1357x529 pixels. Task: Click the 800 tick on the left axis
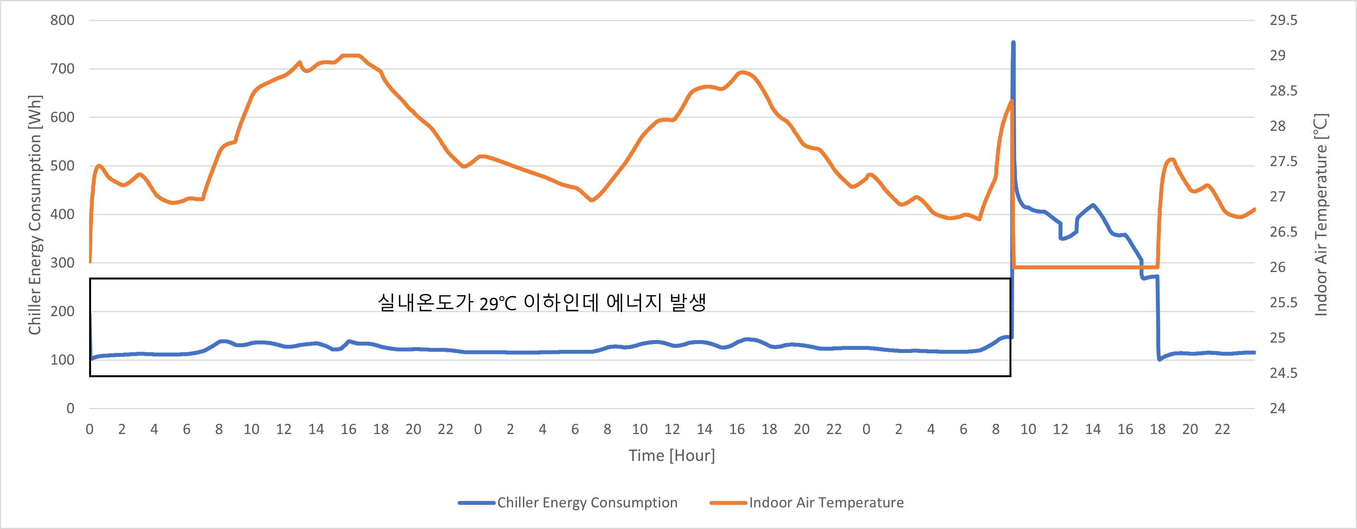click(62, 21)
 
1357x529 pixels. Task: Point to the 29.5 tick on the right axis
click(1283, 21)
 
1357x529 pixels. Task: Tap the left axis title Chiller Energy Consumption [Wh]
click(35, 214)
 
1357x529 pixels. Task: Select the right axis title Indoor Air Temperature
click(1321, 214)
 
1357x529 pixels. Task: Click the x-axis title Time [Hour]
click(672, 455)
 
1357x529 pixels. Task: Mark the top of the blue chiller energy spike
click(1013, 43)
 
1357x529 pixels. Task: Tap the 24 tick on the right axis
click(1278, 408)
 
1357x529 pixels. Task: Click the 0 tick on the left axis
click(70, 408)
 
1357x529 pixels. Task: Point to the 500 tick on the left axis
click(62, 166)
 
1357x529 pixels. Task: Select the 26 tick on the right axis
click(1278, 267)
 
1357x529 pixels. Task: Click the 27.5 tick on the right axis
click(1283, 161)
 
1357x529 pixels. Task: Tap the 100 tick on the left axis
click(62, 360)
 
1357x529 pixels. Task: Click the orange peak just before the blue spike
click(1011, 101)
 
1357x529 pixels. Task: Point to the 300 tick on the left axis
click(62, 263)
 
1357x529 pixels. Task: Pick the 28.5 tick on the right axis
click(1283, 91)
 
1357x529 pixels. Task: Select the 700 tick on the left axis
click(62, 69)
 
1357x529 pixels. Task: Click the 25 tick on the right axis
click(1278, 338)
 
